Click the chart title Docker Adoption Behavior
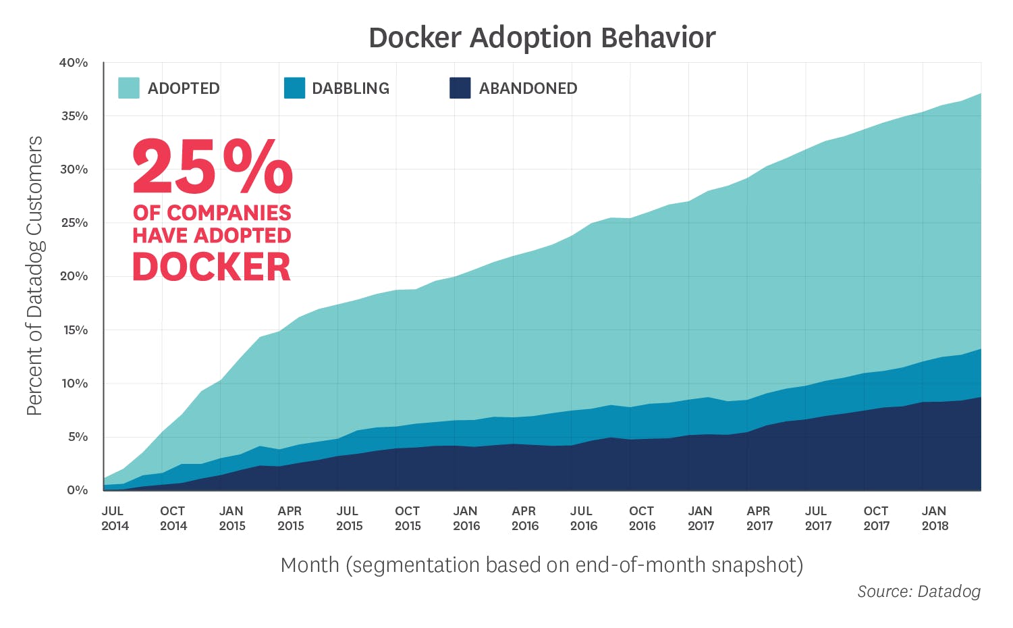point(542,38)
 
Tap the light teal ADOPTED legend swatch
point(129,88)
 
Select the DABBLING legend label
point(350,88)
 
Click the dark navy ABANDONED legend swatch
point(460,88)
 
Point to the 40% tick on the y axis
point(74,63)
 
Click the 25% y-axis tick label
point(74,223)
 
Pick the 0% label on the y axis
point(77,490)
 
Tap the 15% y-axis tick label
point(74,330)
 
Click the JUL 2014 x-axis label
point(115,519)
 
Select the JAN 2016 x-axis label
point(466,519)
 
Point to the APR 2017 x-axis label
point(759,519)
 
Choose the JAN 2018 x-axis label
point(935,519)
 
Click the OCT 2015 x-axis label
point(408,519)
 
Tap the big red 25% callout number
point(212,167)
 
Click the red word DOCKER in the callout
point(211,267)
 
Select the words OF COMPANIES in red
point(212,213)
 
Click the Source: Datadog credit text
point(919,592)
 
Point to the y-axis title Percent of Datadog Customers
point(35,276)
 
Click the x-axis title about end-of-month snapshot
point(541,565)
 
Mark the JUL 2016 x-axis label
point(583,519)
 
